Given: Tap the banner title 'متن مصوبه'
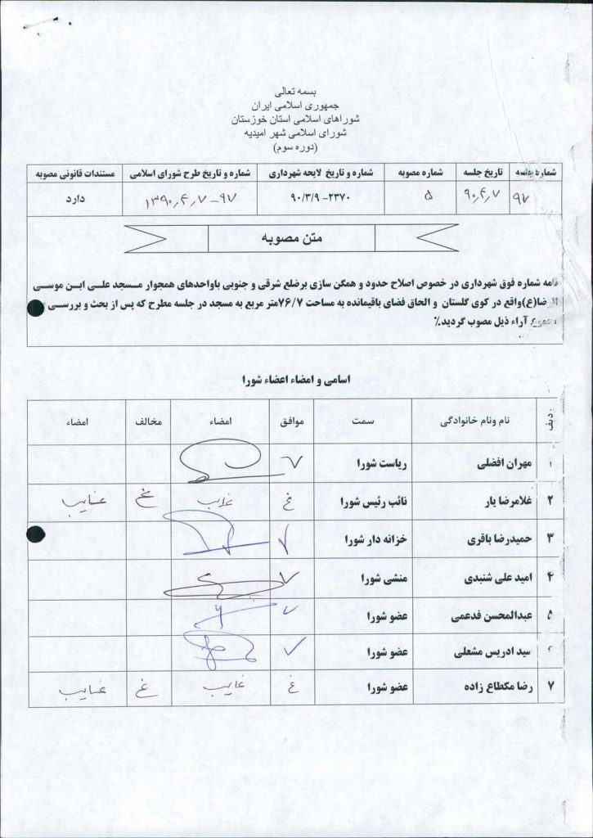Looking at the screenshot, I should (293, 238).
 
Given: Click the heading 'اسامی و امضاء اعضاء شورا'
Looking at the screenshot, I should (294, 380).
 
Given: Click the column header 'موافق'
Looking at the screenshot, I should (293, 420).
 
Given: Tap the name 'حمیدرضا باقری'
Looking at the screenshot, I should (498, 539).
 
